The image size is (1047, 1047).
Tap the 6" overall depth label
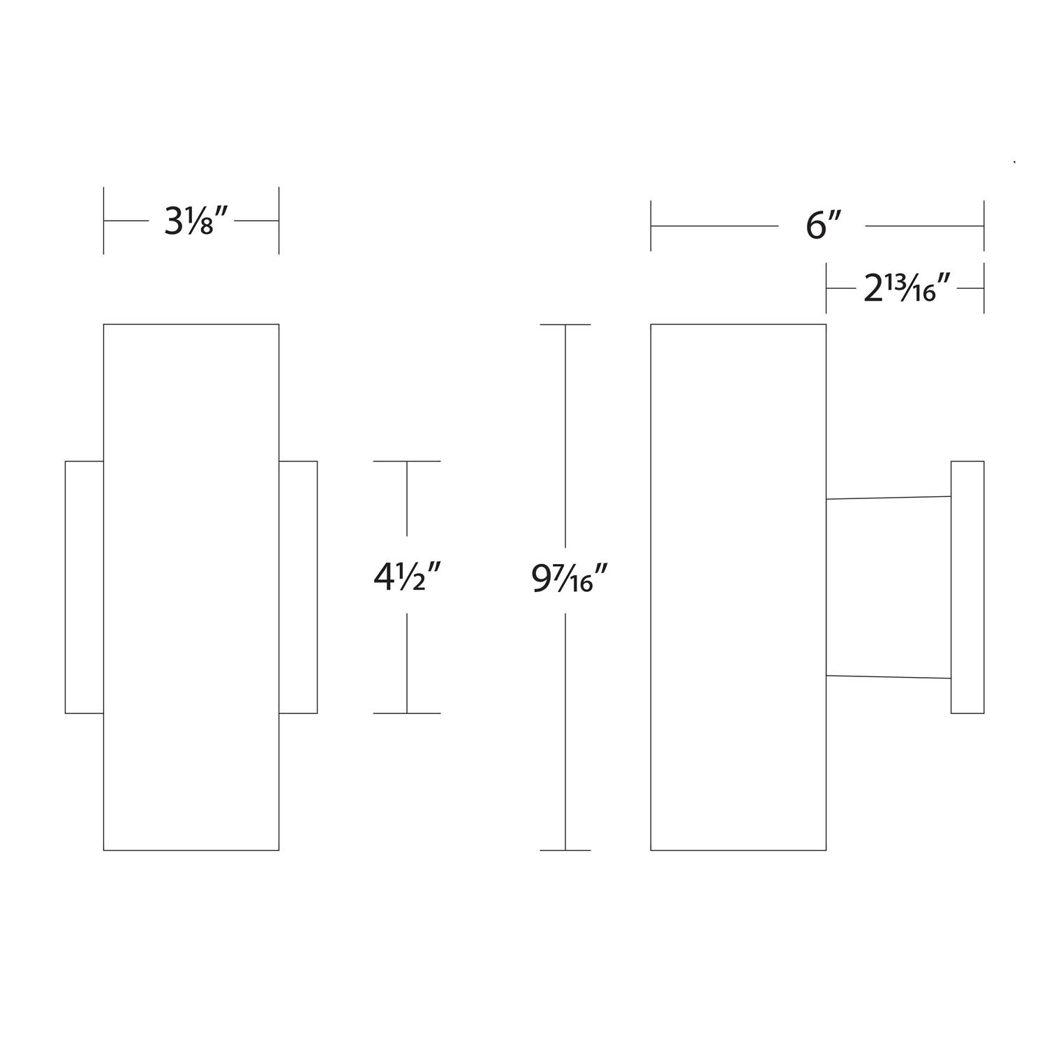(x=822, y=226)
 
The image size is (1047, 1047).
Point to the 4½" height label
(x=407, y=577)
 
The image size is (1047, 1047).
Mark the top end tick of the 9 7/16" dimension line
(x=565, y=325)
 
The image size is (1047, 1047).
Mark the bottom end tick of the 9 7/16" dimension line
(x=565, y=850)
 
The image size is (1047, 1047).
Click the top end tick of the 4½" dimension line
(x=407, y=461)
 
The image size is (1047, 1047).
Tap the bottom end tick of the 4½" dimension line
(x=407, y=713)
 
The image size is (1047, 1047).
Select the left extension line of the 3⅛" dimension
(x=104, y=221)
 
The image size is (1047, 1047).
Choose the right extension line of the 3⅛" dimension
(x=279, y=221)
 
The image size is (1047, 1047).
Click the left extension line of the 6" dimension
(x=651, y=225)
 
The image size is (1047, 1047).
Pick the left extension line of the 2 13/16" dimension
(x=826, y=288)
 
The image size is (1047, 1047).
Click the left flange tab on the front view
(x=84, y=587)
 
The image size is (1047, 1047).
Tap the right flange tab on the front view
(x=298, y=587)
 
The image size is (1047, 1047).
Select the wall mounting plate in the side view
(x=967, y=587)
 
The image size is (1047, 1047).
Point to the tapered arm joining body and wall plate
(x=889, y=587)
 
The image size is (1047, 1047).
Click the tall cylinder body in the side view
(x=738, y=587)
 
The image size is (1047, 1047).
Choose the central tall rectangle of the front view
(x=191, y=587)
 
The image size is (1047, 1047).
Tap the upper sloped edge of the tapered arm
(x=889, y=498)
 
